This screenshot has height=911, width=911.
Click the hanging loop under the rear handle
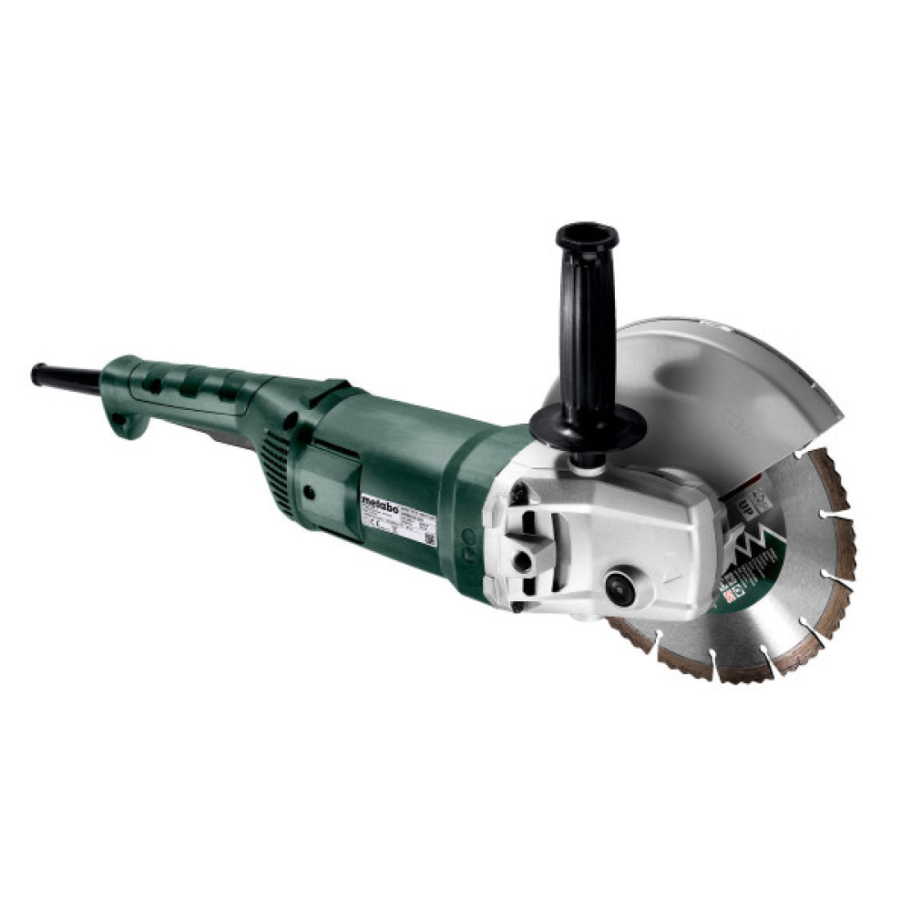pos(125,425)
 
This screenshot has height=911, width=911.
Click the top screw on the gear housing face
pos(517,493)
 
